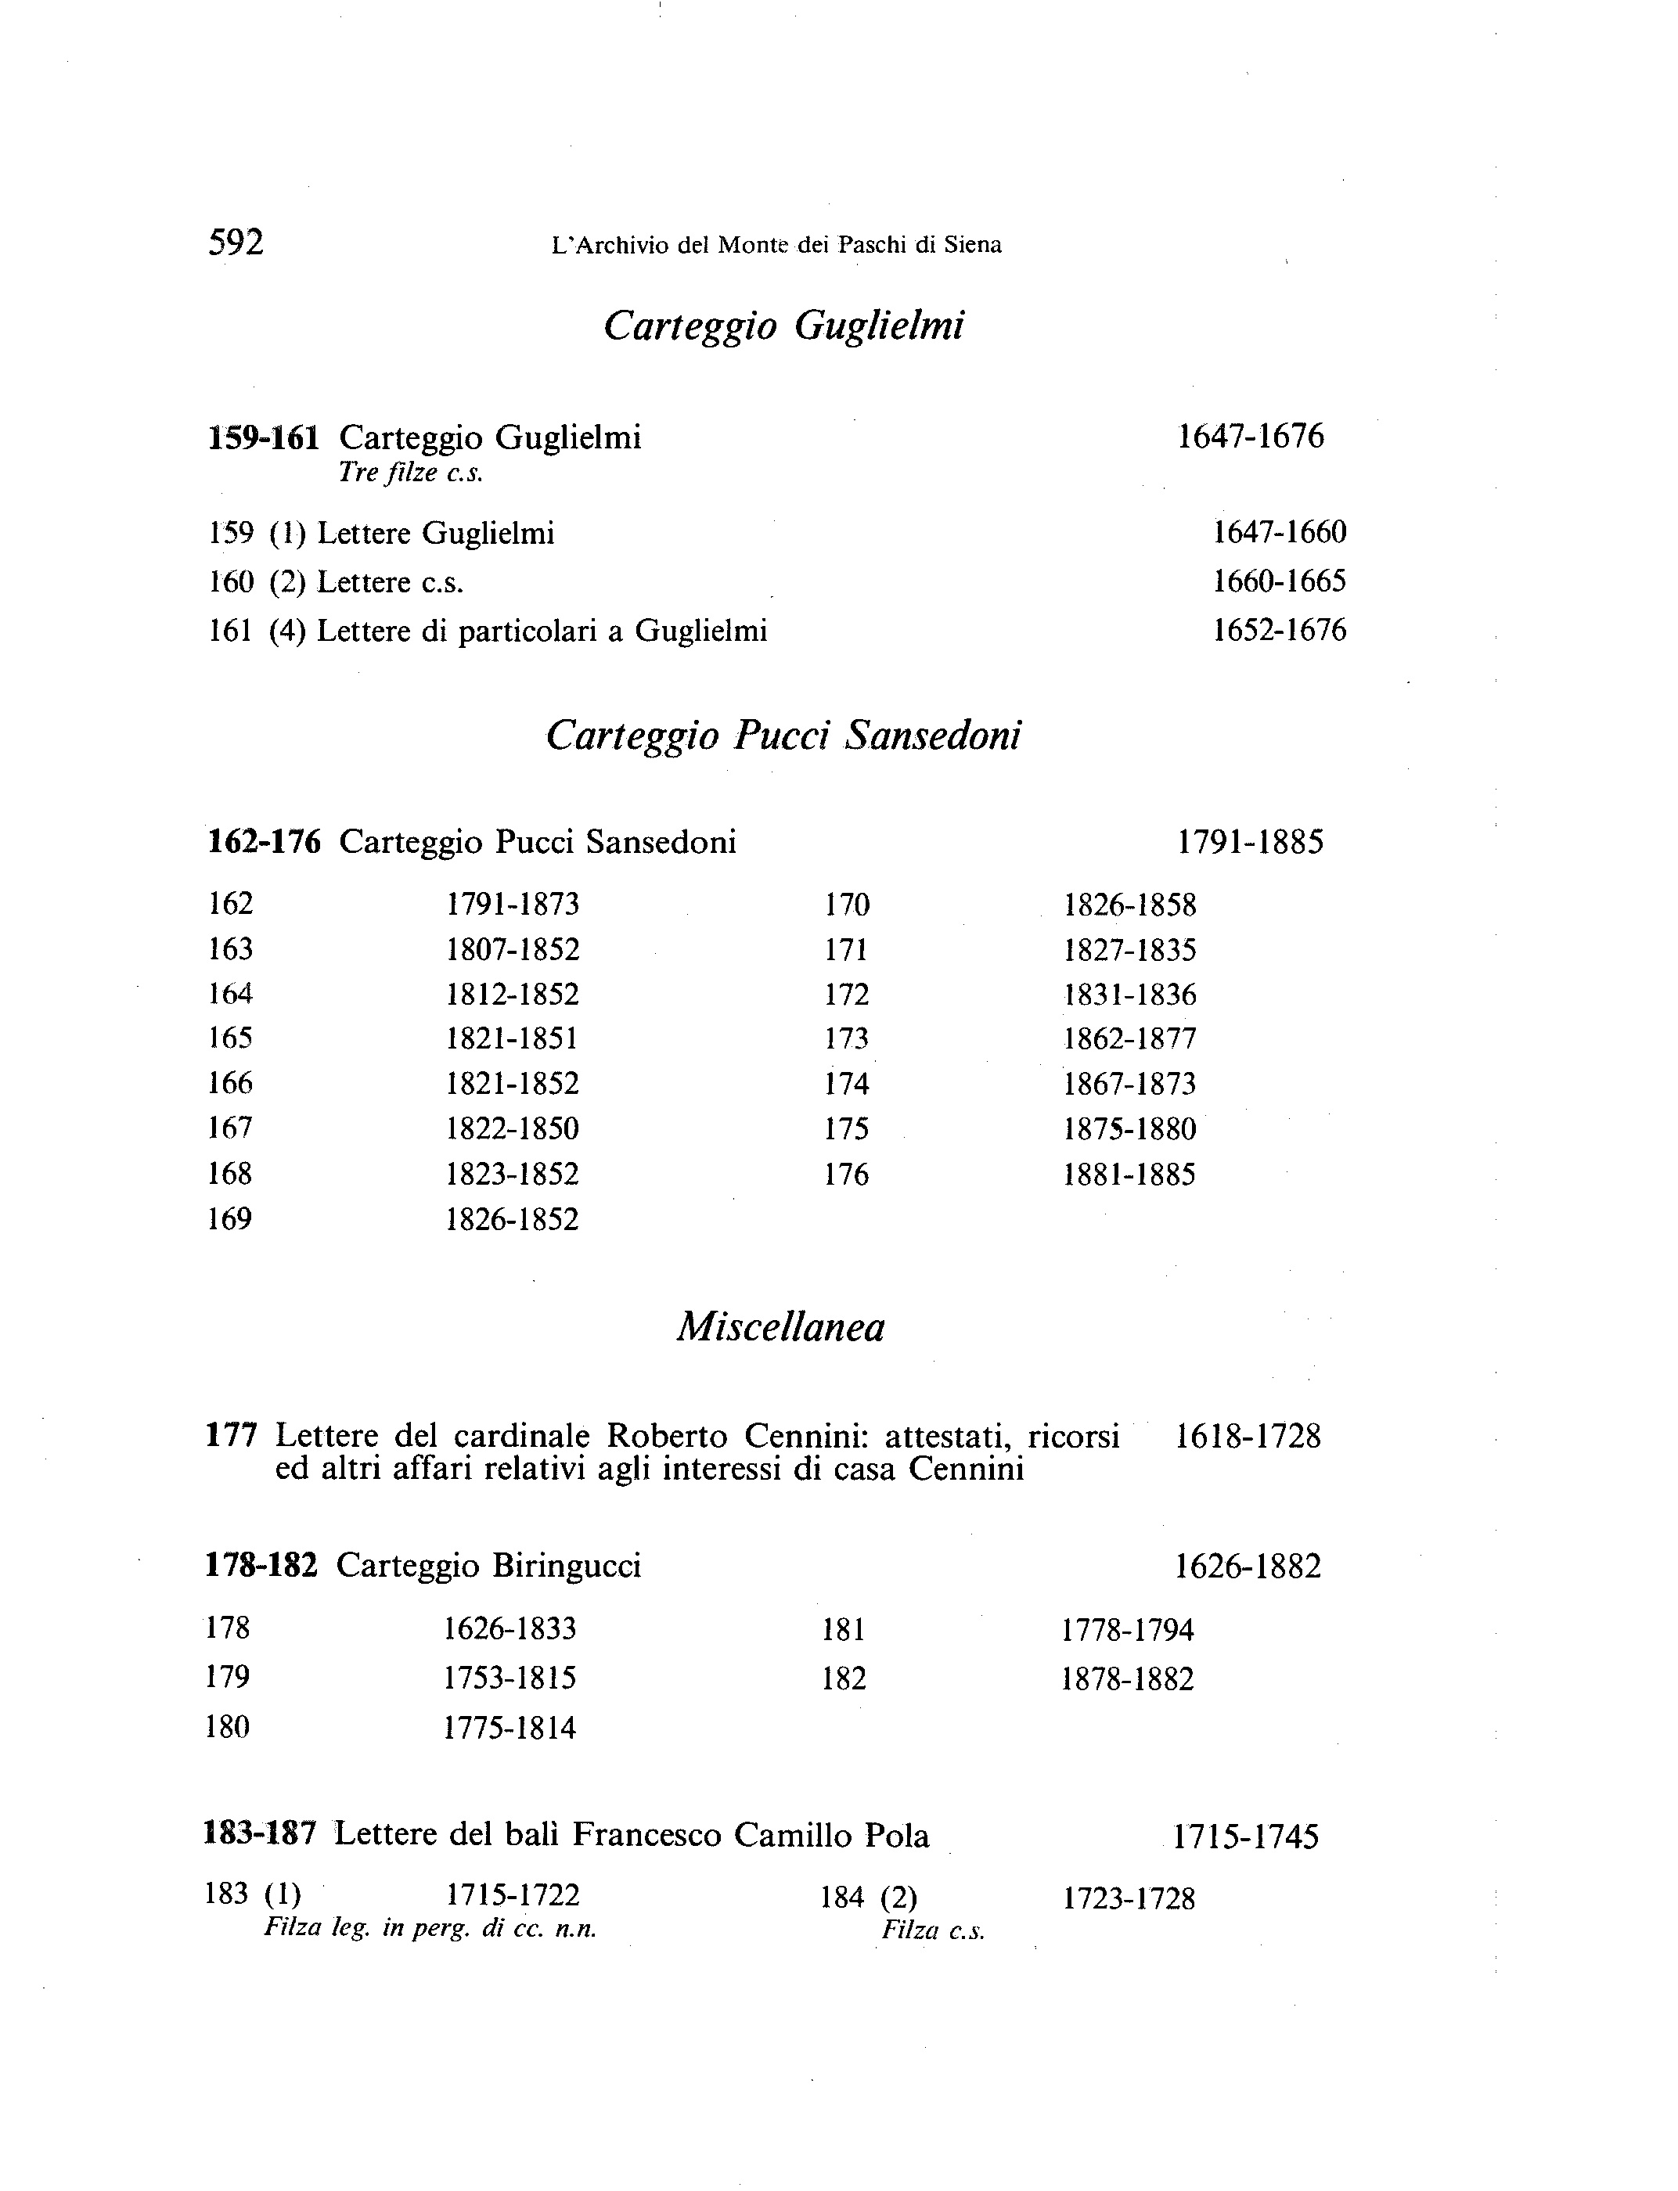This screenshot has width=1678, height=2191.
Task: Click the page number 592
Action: [236, 243]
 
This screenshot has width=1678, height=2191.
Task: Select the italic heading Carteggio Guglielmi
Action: [784, 326]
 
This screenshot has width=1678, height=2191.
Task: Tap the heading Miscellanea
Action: [781, 1327]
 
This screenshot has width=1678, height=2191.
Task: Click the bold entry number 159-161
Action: [264, 437]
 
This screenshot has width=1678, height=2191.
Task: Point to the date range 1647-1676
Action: [1251, 437]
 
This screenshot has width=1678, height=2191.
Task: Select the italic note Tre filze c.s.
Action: [411, 473]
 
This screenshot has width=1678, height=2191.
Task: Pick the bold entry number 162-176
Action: [265, 842]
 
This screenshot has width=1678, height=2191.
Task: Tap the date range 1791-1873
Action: [513, 904]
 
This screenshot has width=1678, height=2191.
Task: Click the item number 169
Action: [230, 1219]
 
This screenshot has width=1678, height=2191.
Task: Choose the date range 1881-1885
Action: [1129, 1175]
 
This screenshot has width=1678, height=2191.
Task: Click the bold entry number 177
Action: [232, 1436]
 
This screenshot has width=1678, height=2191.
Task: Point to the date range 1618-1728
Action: [1248, 1437]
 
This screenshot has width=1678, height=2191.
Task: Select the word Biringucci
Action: [565, 1566]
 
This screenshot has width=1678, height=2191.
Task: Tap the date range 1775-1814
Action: [510, 1728]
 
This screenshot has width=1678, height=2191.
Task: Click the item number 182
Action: [843, 1678]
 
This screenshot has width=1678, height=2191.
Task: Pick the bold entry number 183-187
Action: [261, 1833]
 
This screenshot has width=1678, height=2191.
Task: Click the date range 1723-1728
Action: [1129, 1898]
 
